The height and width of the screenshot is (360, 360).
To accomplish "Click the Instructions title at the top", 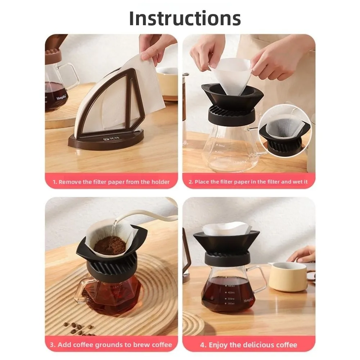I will coord(185,18).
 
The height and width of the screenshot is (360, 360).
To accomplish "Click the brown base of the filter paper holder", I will coord(106,141).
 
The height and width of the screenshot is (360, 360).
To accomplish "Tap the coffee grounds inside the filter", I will coord(110,244).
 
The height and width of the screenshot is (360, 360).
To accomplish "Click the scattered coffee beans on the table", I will coord(78,327).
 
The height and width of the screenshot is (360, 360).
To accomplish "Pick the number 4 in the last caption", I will coord(202,345).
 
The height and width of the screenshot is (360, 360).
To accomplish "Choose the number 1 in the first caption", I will coord(54,182).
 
